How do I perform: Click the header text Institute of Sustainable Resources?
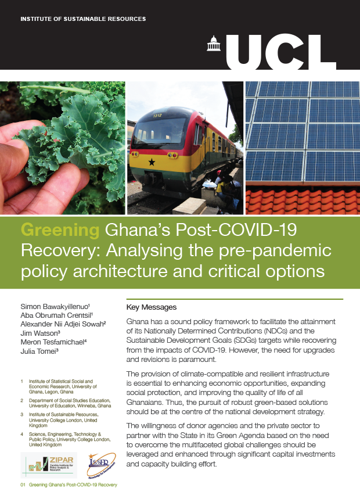pos(83,19)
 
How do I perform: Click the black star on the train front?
pos(152,162)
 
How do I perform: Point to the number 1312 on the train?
pos(156,116)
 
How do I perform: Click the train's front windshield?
pos(162,131)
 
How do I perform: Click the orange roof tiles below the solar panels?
pos(302,200)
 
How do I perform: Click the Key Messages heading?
pos(151,307)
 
